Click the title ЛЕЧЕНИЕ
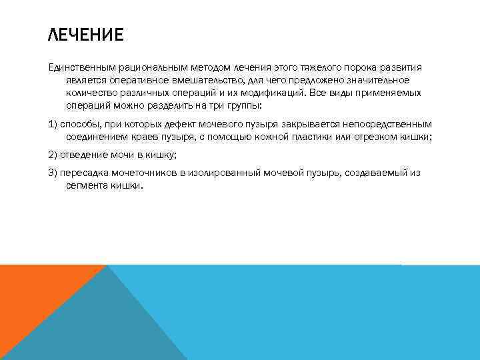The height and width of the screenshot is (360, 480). (86, 35)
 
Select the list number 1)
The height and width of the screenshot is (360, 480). (54, 124)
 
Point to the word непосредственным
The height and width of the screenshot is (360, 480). (391, 124)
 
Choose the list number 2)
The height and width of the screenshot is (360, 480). (54, 155)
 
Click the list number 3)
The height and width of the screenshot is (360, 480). (54, 173)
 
